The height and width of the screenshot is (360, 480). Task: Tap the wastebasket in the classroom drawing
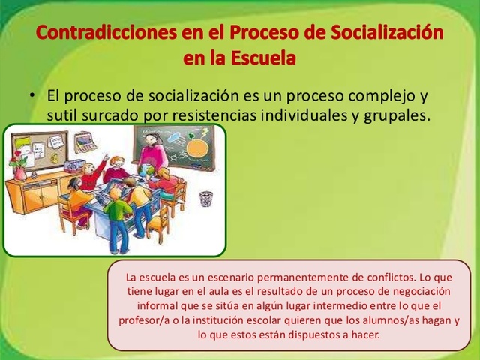[205, 199]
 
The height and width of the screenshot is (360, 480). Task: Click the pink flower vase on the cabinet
[20, 172]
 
